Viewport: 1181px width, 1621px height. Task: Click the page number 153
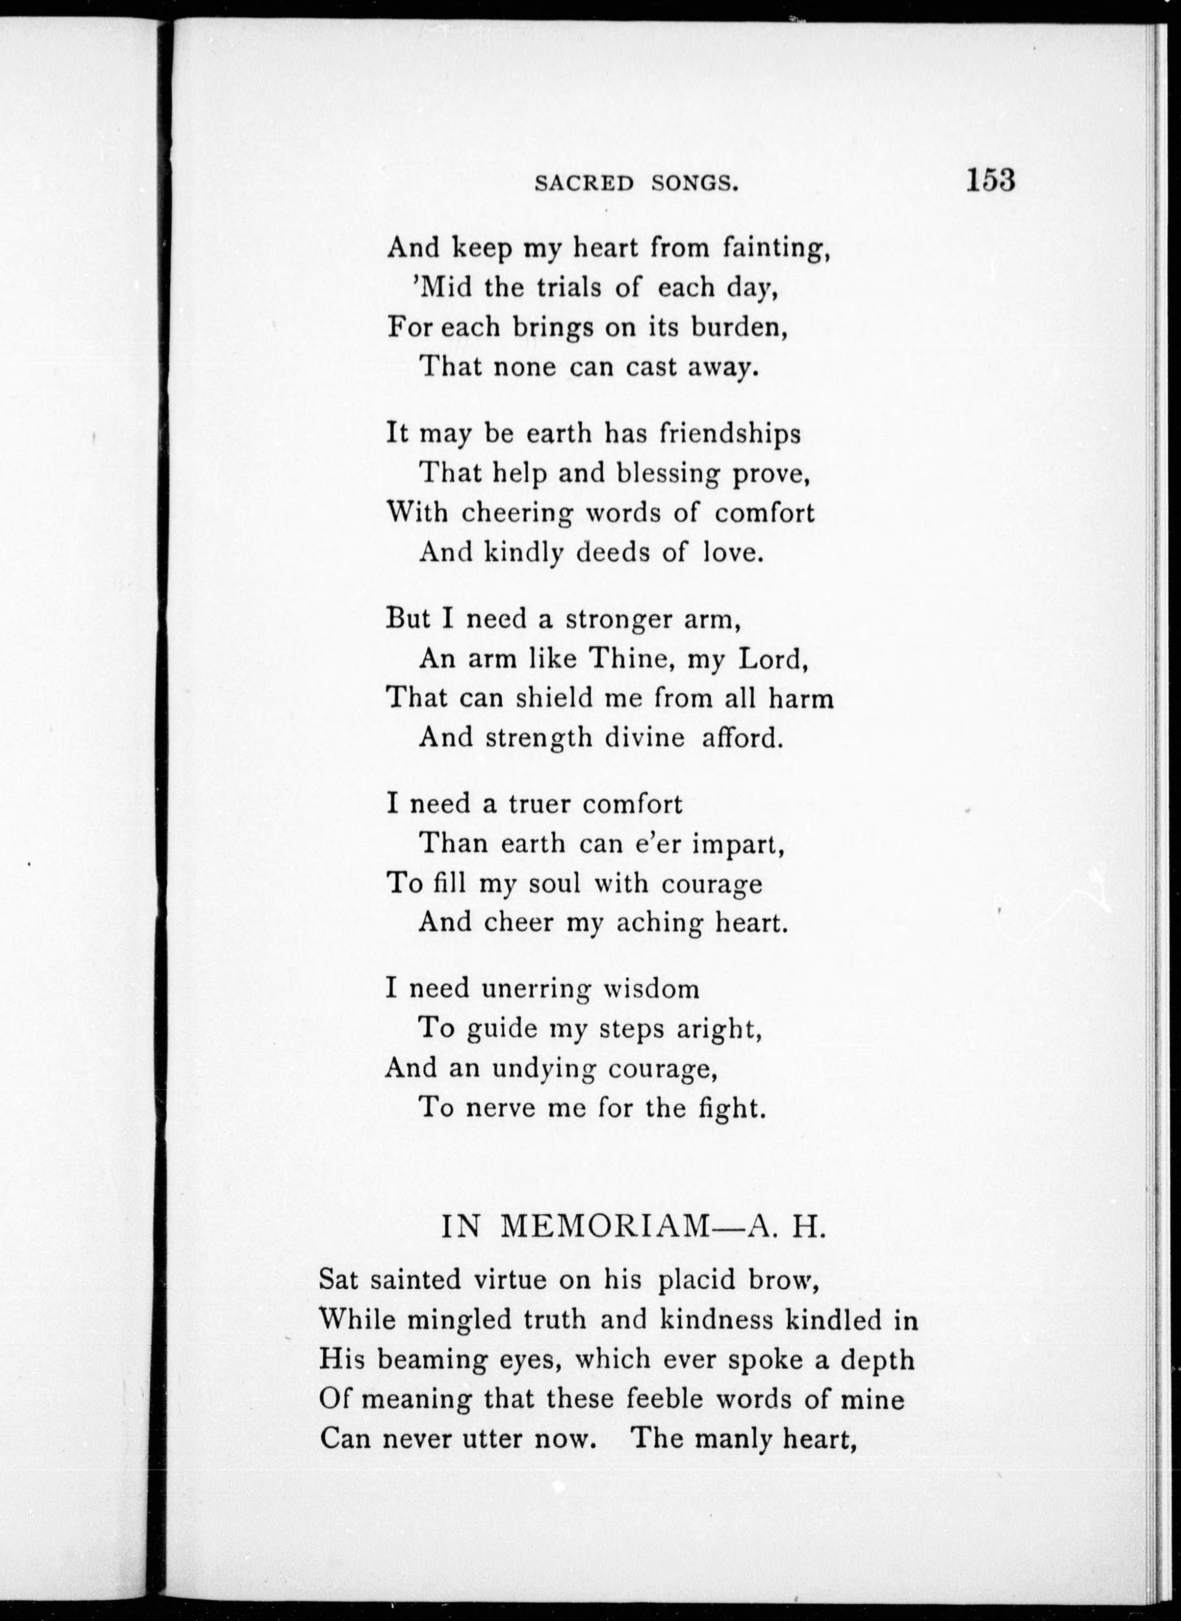[990, 180]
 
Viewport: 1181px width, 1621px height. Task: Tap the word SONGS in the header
[694, 184]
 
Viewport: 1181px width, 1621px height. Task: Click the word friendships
[729, 434]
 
